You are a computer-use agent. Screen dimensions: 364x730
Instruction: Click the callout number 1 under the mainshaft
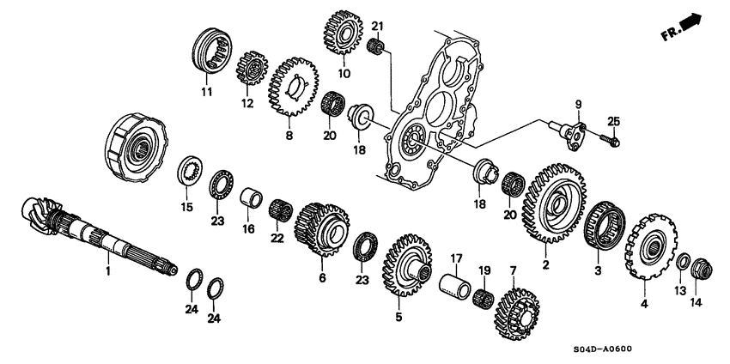pos(108,271)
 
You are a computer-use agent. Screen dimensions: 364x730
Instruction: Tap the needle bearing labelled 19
pos(486,298)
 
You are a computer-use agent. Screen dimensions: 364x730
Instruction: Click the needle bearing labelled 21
pos(375,45)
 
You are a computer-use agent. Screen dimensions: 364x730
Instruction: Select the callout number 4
pos(644,303)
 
